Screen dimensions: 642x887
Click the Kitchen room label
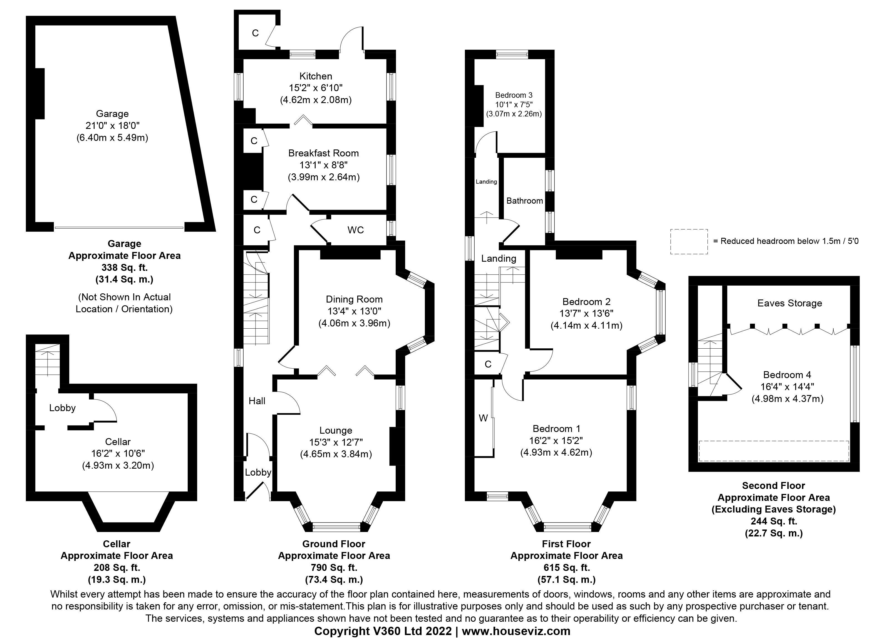(x=316, y=76)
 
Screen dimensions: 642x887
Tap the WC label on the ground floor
(x=356, y=230)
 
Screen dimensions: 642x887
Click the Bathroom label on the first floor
(x=524, y=201)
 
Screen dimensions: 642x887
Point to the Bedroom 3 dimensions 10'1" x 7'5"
(x=514, y=104)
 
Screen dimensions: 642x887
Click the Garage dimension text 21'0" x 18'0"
(x=112, y=126)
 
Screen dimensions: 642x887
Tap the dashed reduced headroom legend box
(x=689, y=241)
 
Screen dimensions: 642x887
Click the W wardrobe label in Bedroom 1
(x=483, y=418)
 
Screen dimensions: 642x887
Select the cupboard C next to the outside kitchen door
(x=255, y=33)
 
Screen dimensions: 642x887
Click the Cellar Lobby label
(x=62, y=408)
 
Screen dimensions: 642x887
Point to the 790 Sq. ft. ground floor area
(x=334, y=567)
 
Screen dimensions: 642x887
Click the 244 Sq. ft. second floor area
(x=773, y=521)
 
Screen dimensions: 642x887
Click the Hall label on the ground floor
(x=257, y=401)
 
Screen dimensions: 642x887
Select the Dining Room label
(x=354, y=299)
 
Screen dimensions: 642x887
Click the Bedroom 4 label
(x=787, y=375)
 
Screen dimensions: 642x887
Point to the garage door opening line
(x=119, y=228)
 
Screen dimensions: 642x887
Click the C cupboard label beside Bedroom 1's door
(x=488, y=364)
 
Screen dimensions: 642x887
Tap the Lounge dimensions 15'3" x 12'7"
(x=336, y=442)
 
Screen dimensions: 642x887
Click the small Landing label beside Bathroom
(x=486, y=182)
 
